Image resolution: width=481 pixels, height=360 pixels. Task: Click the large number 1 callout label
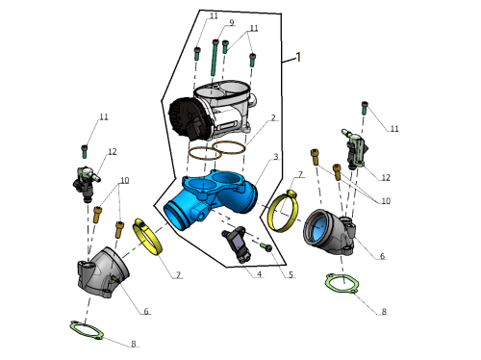click(298, 57)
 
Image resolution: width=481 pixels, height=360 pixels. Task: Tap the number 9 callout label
click(232, 22)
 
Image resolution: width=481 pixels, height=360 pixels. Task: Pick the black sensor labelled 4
click(237, 244)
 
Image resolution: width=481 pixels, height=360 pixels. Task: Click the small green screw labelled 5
click(266, 246)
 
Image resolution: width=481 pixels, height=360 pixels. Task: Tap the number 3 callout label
click(275, 157)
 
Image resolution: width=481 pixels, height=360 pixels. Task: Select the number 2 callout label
click(273, 117)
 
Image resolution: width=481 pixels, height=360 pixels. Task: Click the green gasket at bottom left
click(86, 329)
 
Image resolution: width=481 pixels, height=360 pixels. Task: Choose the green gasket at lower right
click(342, 283)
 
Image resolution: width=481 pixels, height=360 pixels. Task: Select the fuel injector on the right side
click(356, 149)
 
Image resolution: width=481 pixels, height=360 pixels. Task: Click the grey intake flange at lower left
click(103, 272)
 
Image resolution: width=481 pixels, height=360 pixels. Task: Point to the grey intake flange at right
click(329, 232)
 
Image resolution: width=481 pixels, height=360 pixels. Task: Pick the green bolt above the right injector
click(365, 108)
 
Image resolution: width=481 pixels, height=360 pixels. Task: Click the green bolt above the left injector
click(85, 151)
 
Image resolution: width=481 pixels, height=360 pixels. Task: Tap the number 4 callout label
click(259, 274)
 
